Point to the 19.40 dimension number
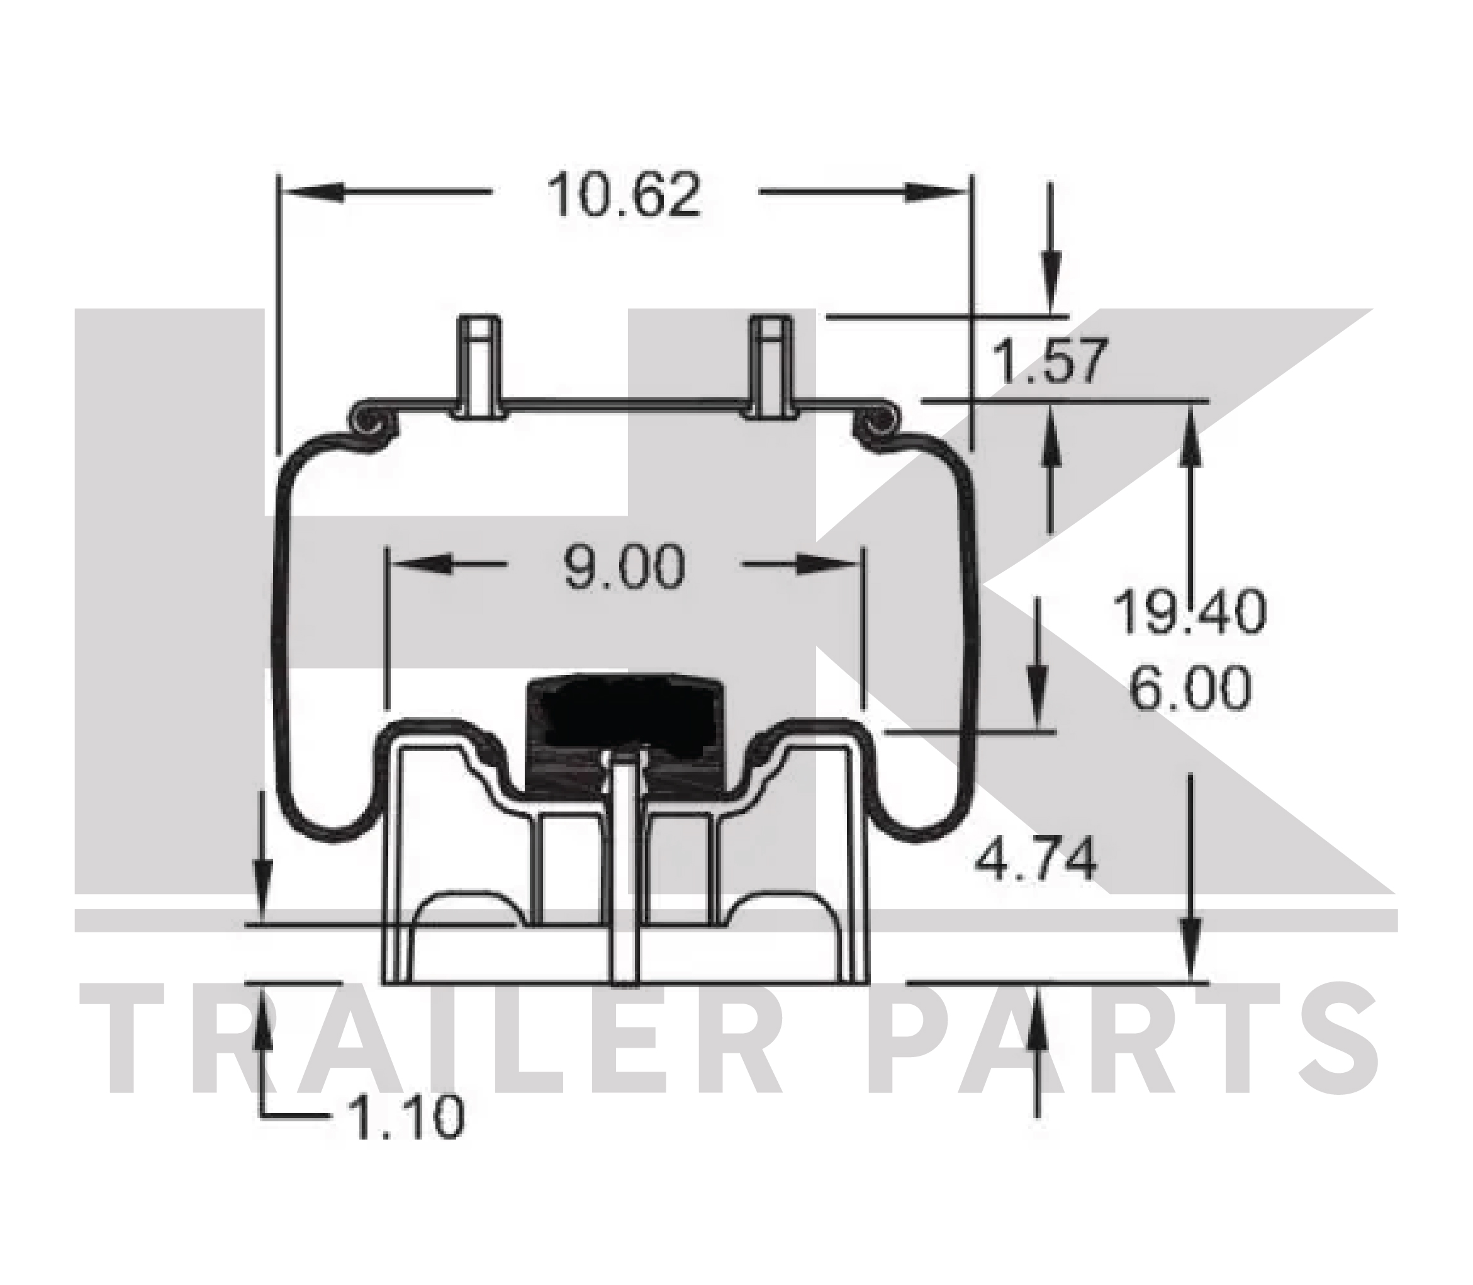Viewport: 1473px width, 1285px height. pyautogui.click(x=1190, y=611)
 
